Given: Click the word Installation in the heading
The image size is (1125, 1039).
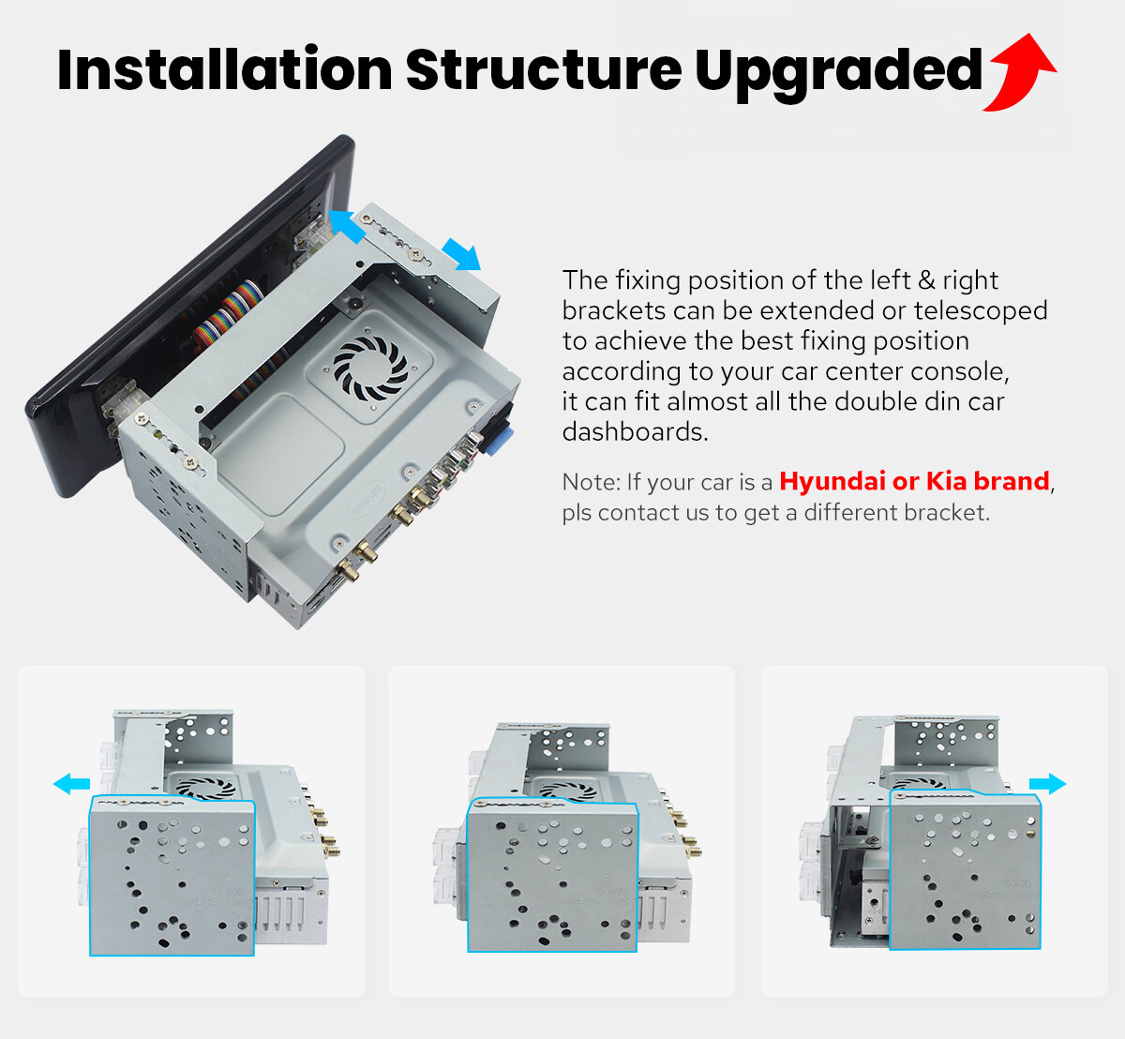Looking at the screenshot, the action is (x=224, y=69).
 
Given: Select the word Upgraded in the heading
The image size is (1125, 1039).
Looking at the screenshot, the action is (x=838, y=74).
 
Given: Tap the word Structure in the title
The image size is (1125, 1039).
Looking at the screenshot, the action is (x=544, y=69).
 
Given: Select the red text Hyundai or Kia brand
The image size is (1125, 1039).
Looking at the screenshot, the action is (x=914, y=481).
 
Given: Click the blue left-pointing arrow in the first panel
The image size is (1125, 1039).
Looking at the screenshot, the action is (x=71, y=784).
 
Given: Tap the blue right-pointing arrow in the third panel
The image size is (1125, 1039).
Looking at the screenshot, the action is (x=1048, y=784).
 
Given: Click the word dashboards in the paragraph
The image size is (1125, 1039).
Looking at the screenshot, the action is (x=635, y=432).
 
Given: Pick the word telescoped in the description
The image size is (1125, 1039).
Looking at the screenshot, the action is (x=981, y=310).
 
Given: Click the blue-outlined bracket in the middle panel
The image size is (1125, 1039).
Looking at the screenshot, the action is (x=553, y=875).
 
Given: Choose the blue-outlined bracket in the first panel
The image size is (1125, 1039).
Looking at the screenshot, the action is (x=172, y=876).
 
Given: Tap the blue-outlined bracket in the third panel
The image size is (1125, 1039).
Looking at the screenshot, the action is (x=966, y=870).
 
